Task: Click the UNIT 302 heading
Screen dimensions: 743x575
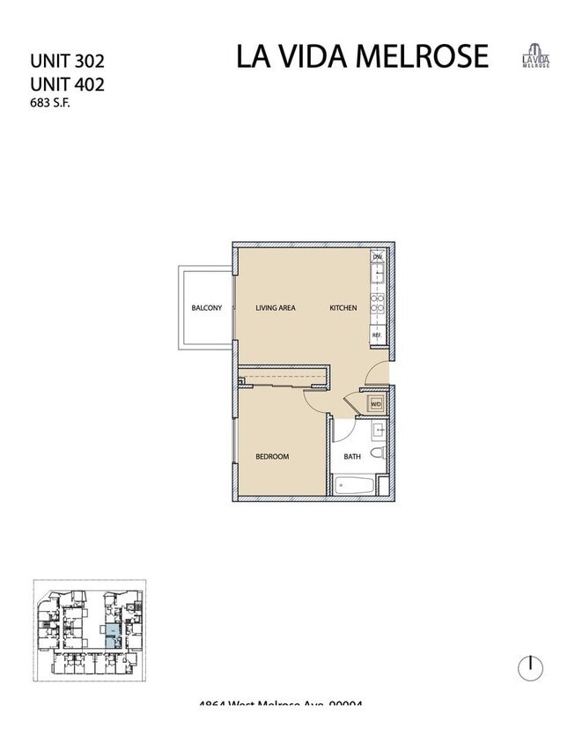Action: coord(67,62)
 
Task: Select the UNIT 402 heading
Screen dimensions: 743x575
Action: coord(67,85)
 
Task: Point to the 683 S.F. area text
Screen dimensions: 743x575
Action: coord(49,103)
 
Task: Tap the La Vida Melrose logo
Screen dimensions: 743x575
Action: coord(535,55)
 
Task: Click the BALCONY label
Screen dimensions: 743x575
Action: coord(206,308)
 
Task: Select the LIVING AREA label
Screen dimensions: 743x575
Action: coord(275,308)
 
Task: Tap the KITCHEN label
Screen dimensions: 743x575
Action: coord(343,308)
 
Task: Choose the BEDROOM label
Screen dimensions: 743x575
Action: coord(272,457)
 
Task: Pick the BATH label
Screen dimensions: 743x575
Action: coord(351,457)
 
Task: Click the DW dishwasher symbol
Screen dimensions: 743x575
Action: coord(377,257)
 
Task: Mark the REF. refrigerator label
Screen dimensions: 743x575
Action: coord(376,335)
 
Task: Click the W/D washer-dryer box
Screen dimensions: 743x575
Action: coord(376,404)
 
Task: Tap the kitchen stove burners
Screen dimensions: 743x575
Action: coord(377,303)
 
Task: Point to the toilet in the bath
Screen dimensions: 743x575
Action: coord(377,453)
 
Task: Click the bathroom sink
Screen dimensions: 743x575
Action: coord(378,431)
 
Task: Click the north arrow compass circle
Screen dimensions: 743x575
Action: coord(530,668)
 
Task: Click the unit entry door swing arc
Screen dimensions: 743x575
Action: coord(376,371)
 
